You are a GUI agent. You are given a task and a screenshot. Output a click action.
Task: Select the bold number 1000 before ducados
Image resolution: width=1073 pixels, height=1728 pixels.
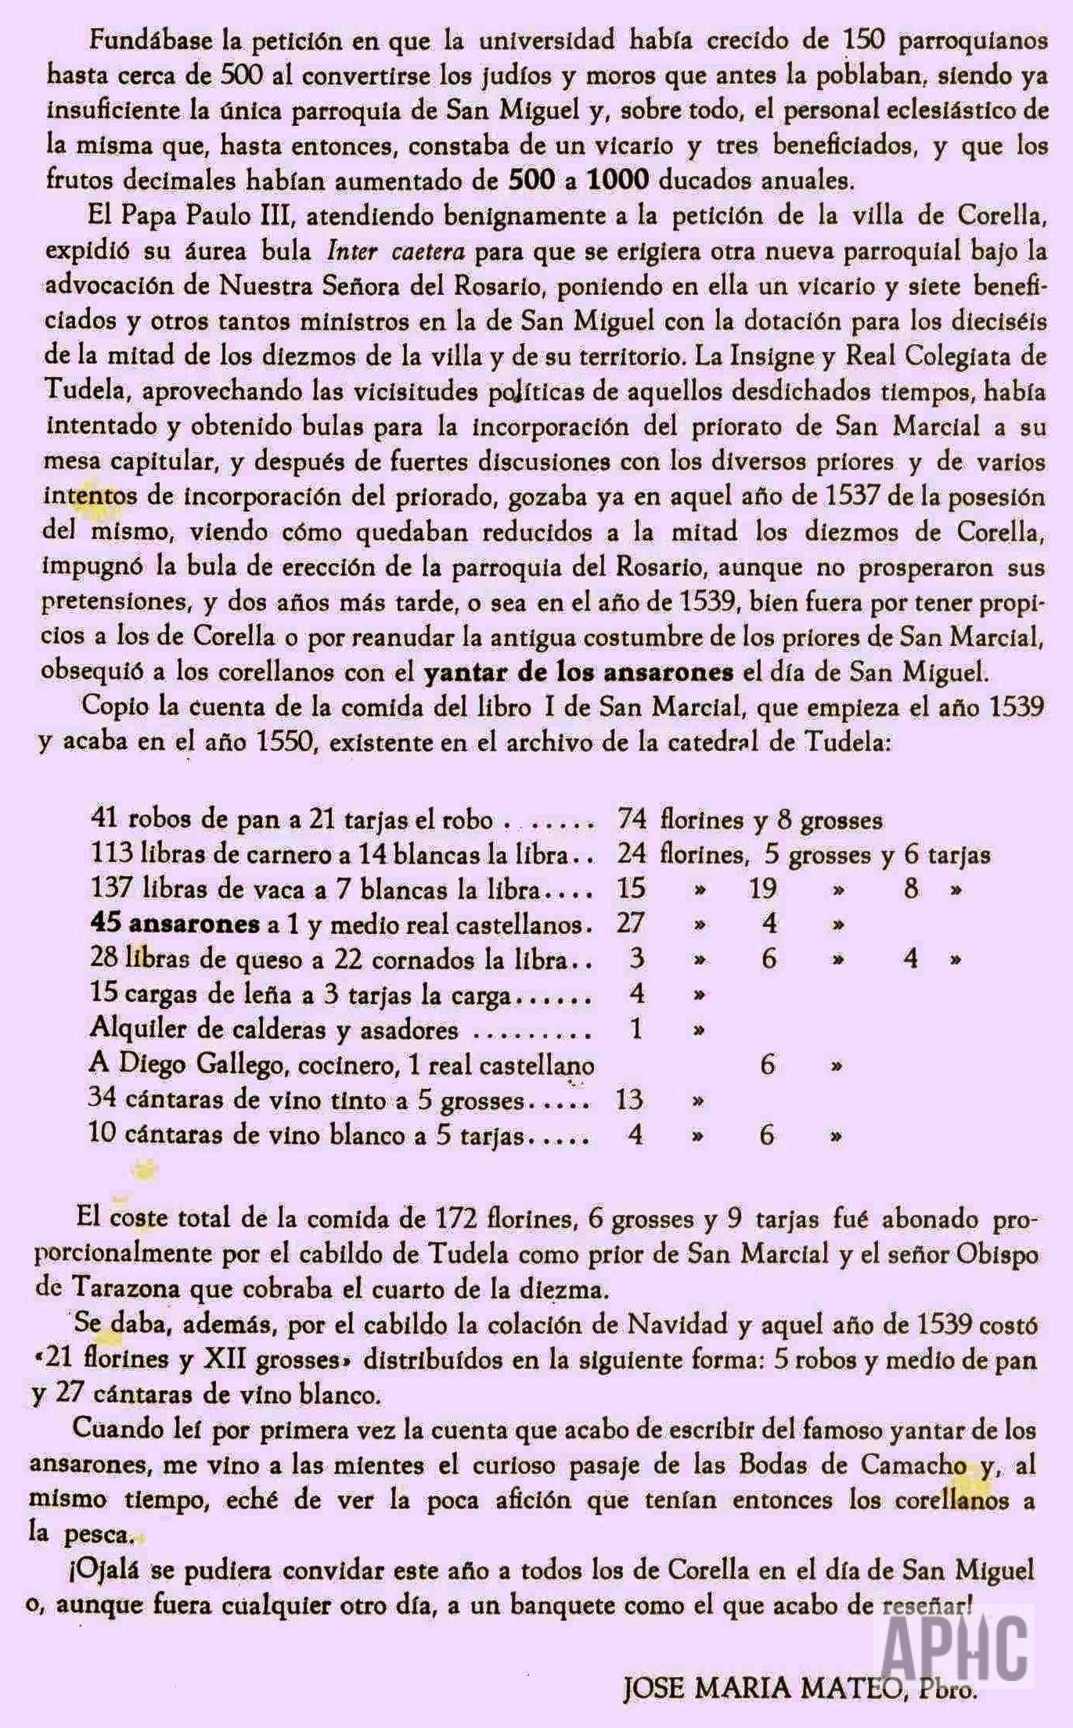click(618, 181)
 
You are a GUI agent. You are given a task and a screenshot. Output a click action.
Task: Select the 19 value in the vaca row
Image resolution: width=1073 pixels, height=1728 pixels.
click(762, 889)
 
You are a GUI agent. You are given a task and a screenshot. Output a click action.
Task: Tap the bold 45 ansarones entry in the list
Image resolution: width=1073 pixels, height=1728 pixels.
click(175, 924)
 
